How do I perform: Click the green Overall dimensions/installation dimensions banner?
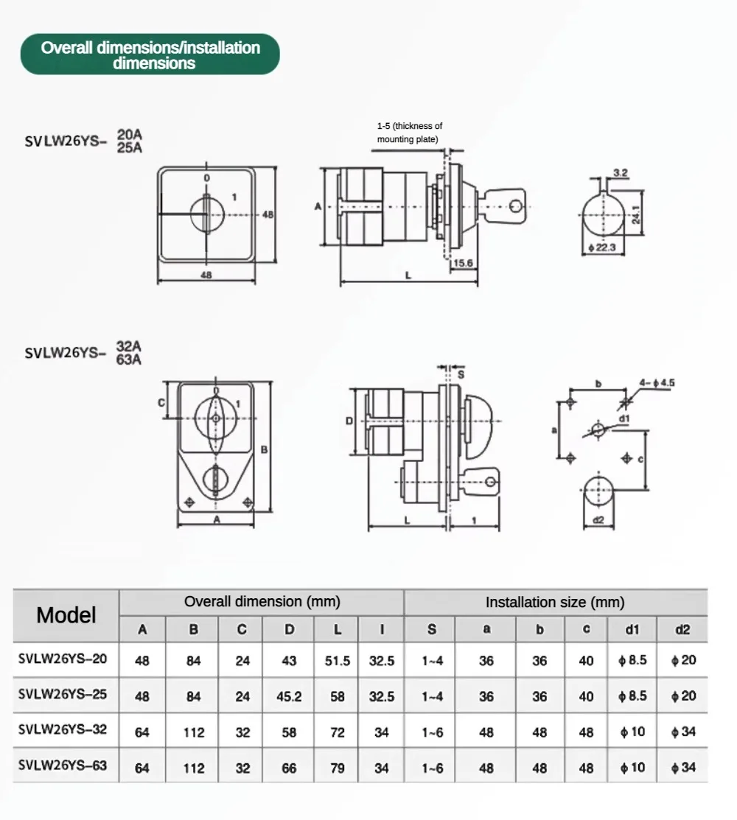tap(150, 55)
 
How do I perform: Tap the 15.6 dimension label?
tap(462, 263)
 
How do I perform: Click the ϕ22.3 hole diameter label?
tap(602, 248)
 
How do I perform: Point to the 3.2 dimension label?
tap(621, 172)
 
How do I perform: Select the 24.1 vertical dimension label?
tap(635, 214)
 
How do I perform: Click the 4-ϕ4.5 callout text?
tap(657, 383)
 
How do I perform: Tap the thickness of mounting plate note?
tap(410, 133)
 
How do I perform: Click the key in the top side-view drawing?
tap(501, 206)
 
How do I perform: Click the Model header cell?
tap(66, 615)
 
